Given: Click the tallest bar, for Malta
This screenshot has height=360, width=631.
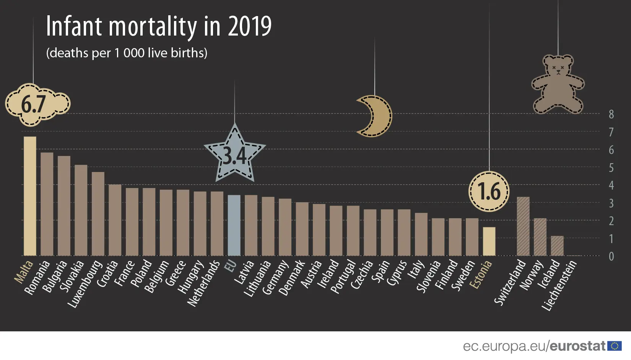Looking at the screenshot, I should click(x=30, y=196).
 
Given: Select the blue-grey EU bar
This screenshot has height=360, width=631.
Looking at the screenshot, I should click(x=234, y=225).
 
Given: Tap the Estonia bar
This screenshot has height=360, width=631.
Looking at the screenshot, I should click(x=489, y=242).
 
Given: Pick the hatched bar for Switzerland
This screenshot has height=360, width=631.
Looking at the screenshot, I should click(x=523, y=226).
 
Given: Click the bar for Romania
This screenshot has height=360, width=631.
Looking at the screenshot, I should click(x=47, y=204).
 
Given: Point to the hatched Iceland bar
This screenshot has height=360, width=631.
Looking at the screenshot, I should click(x=557, y=246).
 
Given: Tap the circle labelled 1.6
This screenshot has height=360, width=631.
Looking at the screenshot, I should click(x=489, y=191).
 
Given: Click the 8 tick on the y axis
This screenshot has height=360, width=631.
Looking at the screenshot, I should click(x=611, y=114).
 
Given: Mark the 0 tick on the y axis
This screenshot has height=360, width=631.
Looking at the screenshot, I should click(x=611, y=256).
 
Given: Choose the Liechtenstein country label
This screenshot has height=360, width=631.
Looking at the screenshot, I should click(x=559, y=285).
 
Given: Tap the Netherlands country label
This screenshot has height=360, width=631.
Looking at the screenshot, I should click(x=204, y=283).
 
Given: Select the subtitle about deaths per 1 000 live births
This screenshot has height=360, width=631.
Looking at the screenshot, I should click(x=127, y=53).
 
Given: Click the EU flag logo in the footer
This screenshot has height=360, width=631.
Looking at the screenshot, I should click(x=615, y=346).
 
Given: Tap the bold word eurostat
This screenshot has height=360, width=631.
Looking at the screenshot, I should click(x=577, y=346).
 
